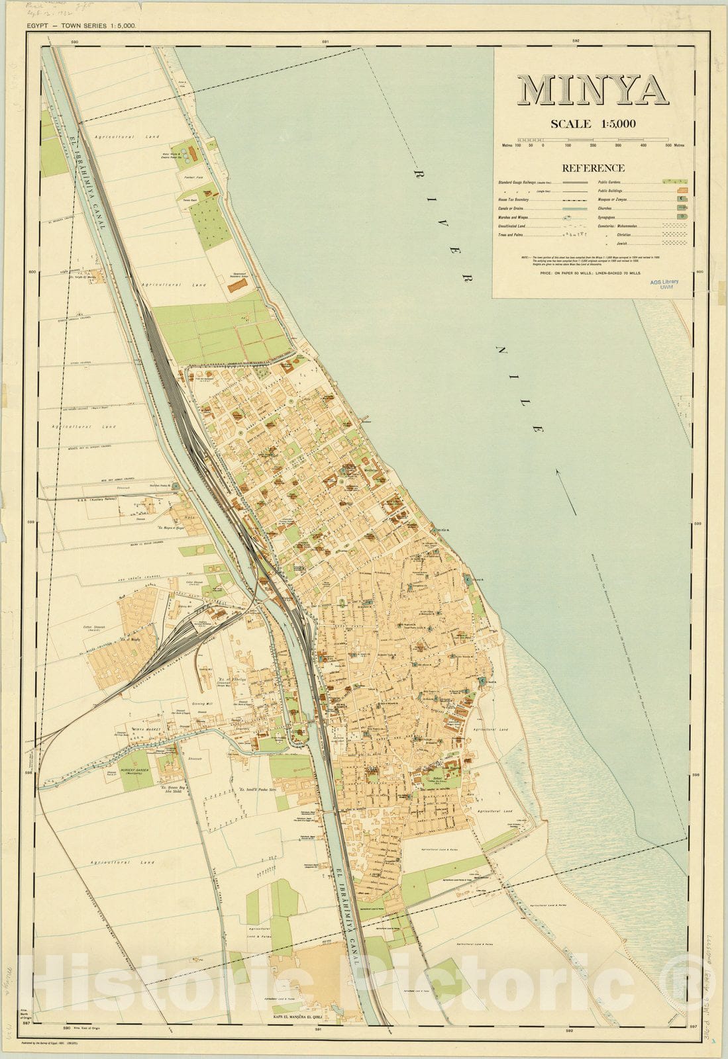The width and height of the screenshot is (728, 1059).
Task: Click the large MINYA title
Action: click(592, 90)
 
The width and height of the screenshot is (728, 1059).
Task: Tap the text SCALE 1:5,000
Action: click(593, 124)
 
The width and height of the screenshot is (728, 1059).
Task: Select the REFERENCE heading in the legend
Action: click(593, 168)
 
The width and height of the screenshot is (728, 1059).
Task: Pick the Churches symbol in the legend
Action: click(680, 208)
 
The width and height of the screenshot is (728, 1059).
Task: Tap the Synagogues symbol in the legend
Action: click(680, 216)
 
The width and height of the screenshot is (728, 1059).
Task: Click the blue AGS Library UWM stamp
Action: click(664, 284)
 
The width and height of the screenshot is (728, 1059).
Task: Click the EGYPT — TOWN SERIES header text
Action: click(81, 26)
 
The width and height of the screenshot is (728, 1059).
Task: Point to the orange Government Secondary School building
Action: click(237, 285)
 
